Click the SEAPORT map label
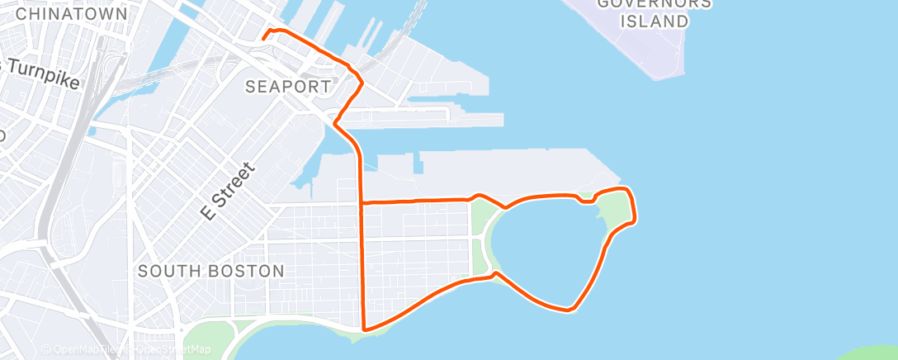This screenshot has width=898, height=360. coord(289,86)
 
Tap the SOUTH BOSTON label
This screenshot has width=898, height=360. coord(211,271)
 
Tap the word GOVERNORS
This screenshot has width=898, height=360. coord(652,4)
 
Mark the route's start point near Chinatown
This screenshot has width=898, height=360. coord(263,37)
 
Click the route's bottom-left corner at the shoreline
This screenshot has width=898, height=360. coord(364,329)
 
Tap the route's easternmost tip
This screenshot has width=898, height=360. coord(635,220)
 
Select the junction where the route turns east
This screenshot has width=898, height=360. coord(362,202)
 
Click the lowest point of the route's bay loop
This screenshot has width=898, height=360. coord(568,310)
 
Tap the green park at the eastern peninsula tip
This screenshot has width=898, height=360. coord(615,211)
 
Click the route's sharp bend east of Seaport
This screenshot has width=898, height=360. coord(361,82)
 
